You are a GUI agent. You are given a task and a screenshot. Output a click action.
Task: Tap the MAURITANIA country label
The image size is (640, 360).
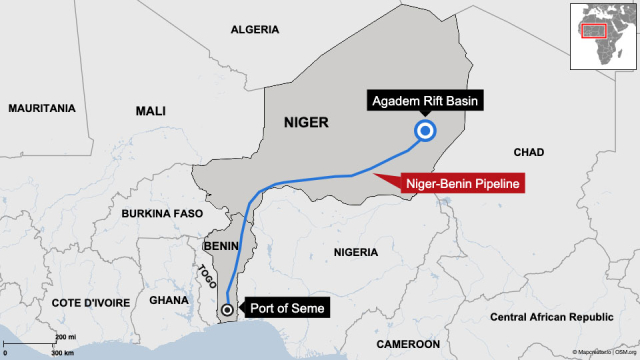pos(41,107)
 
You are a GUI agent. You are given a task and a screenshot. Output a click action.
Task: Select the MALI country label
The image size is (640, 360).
pos(151,111)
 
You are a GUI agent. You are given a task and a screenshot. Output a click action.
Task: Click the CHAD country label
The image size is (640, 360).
pos(528,152)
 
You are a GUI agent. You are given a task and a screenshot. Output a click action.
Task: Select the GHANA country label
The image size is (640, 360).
pos(167,301)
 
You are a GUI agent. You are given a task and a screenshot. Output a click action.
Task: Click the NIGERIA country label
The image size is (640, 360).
pos(361,254)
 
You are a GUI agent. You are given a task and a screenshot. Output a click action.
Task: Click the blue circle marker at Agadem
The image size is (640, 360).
pos(425,132)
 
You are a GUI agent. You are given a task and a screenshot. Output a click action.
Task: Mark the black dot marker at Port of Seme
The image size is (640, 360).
pos(228,310)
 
